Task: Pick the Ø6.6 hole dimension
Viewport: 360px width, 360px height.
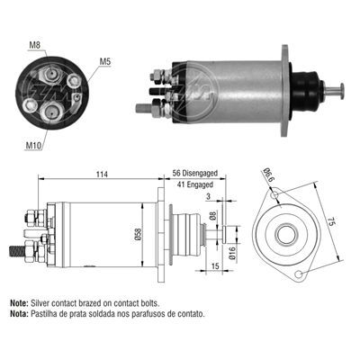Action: (x=267, y=173)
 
